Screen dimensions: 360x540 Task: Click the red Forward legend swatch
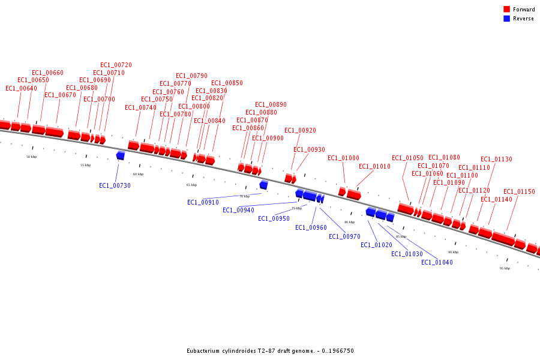pyautogui.click(x=506, y=9)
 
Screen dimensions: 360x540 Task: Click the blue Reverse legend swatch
pyautogui.click(x=506, y=19)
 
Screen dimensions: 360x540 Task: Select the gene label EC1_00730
pyautogui.click(x=115, y=185)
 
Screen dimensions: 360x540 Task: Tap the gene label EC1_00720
pyautogui.click(x=116, y=65)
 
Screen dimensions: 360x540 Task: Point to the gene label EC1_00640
pyautogui.click(x=21, y=88)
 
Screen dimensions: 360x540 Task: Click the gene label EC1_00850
pyautogui.click(x=227, y=83)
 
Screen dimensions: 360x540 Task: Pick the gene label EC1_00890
pyautogui.click(x=271, y=104)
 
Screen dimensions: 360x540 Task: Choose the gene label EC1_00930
pyautogui.click(x=309, y=149)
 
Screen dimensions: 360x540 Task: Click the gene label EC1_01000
pyautogui.click(x=343, y=158)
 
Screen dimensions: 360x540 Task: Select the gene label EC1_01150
pyautogui.click(x=519, y=191)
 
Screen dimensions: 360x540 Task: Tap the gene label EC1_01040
pyautogui.click(x=437, y=262)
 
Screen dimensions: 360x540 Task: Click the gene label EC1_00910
pyautogui.click(x=203, y=202)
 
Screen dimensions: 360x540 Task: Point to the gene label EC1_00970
pyautogui.click(x=344, y=236)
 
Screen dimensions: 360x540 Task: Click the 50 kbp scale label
pyautogui.click(x=31, y=157)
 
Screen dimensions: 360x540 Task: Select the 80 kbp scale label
pyautogui.click(x=349, y=222)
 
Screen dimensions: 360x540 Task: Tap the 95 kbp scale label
pyautogui.click(x=505, y=268)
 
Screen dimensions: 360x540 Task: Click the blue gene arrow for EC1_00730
pyautogui.click(x=121, y=155)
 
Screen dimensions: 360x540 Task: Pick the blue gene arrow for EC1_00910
pyautogui.click(x=263, y=185)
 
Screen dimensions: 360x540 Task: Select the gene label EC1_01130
pyautogui.click(x=496, y=159)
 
